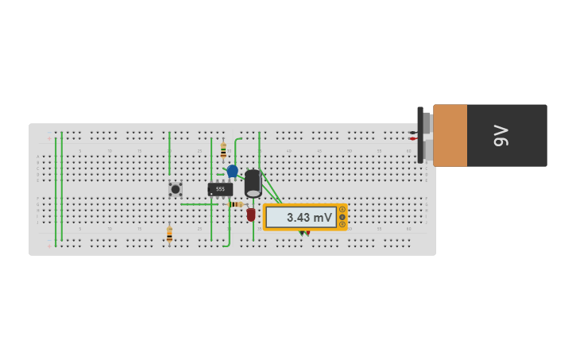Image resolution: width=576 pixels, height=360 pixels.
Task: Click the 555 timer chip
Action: [x=220, y=189]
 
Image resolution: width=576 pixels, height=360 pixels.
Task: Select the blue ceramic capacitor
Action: [x=232, y=171]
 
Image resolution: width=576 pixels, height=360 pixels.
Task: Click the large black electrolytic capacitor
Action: [x=253, y=183]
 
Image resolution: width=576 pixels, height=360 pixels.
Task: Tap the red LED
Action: [x=251, y=215]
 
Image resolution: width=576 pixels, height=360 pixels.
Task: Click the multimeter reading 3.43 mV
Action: [x=304, y=217]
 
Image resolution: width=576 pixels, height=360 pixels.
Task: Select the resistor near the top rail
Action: [x=223, y=150]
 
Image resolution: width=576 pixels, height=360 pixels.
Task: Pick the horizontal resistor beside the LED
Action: [x=235, y=204]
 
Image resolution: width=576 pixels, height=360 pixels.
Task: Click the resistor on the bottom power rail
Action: [x=169, y=234]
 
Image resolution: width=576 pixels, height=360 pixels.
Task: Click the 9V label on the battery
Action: [x=501, y=135]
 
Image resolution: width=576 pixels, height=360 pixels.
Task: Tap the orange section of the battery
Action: [x=450, y=135]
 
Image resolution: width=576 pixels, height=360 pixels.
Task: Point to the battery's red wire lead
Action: [x=413, y=139]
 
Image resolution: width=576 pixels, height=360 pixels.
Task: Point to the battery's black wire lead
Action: [x=413, y=132]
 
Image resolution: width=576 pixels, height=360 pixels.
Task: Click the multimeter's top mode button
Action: [x=342, y=210]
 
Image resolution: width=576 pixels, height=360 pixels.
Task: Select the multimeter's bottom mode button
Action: [x=342, y=224]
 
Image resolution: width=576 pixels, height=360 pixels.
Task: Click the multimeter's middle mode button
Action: [x=342, y=217]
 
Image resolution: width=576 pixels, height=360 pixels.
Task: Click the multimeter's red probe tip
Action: [x=307, y=233]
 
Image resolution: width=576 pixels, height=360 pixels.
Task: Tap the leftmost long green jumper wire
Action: [x=56, y=187]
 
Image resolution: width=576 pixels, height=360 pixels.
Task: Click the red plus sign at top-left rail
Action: [x=49, y=138]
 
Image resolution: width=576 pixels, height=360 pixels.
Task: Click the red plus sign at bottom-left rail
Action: [x=49, y=246]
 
